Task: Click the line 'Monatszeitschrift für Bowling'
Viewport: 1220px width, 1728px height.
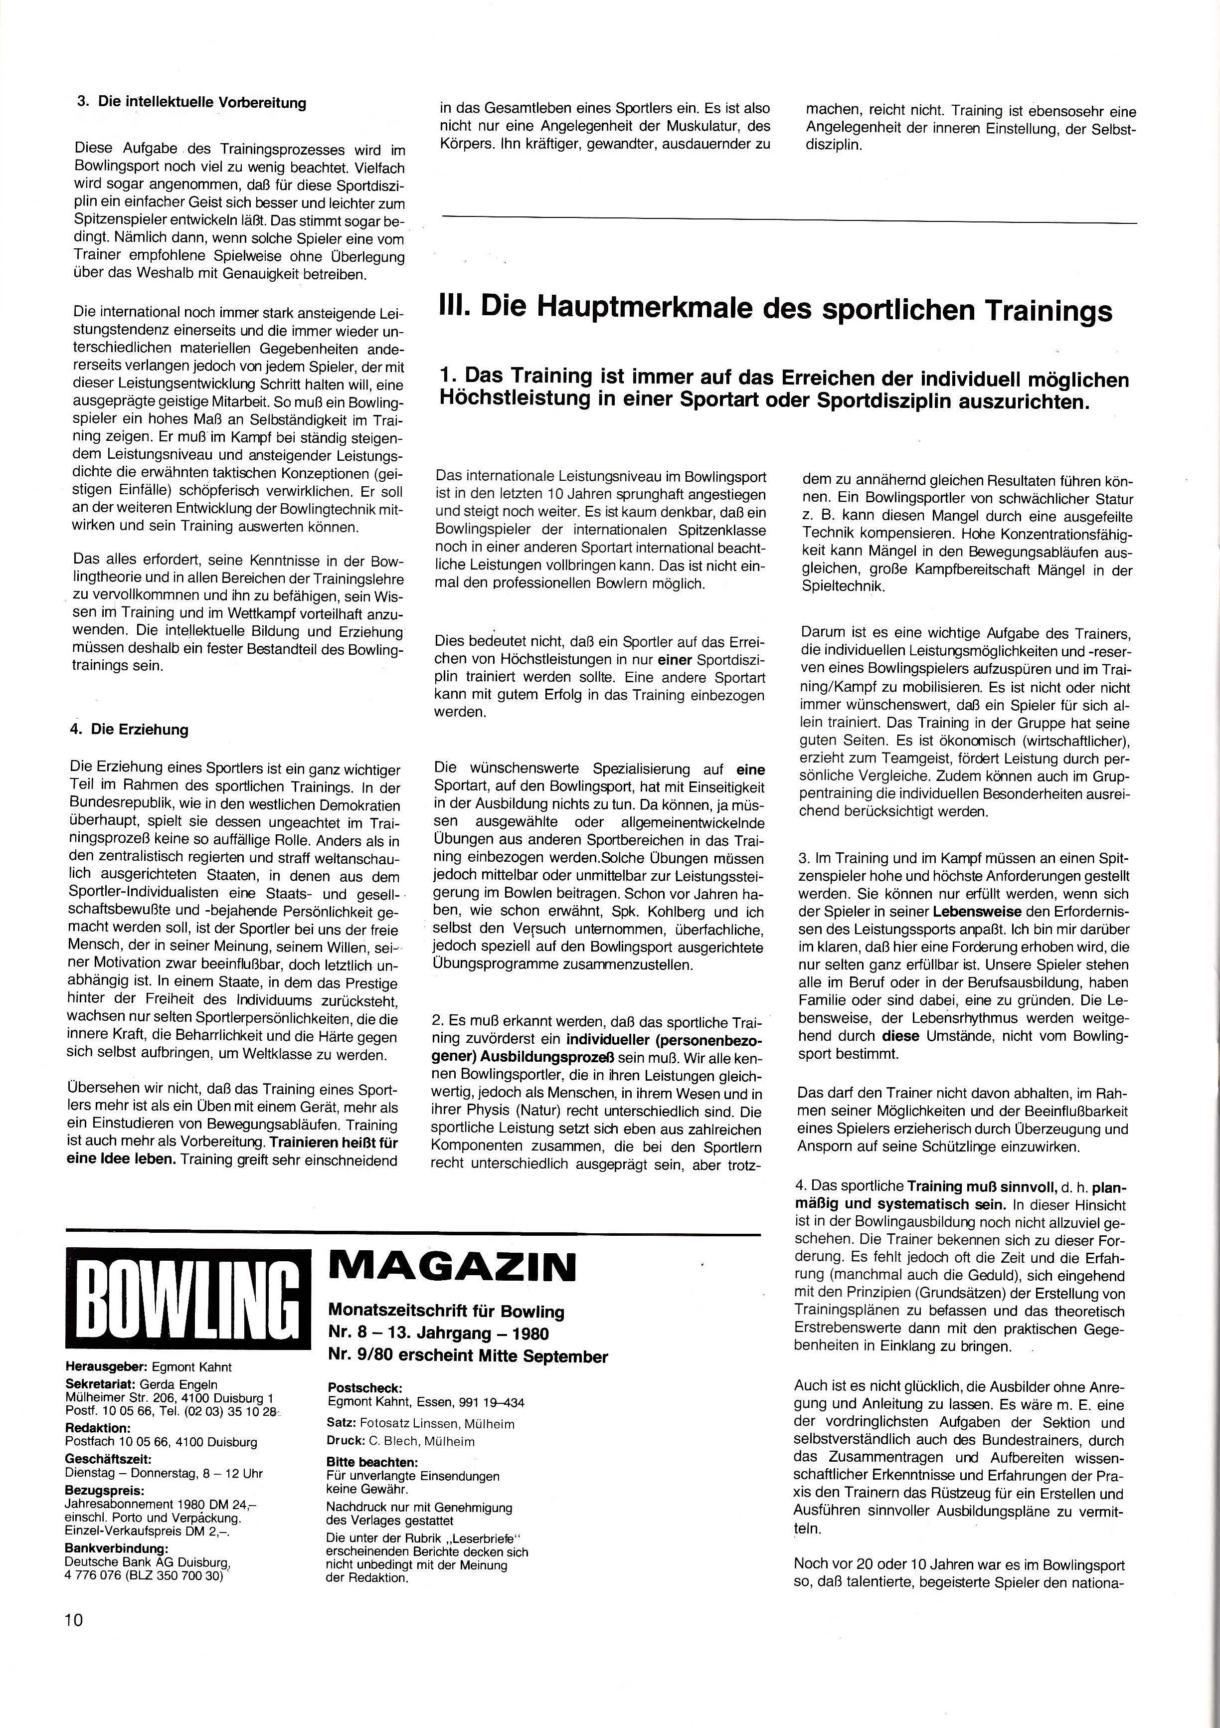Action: click(446, 1311)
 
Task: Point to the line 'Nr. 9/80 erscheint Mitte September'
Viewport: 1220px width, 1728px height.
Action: click(468, 1356)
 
